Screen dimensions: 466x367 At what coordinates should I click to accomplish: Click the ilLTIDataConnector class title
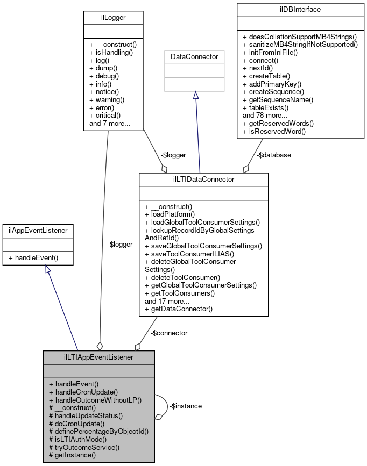click(x=203, y=180)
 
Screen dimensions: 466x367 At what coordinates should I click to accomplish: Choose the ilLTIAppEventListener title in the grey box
click(x=99, y=357)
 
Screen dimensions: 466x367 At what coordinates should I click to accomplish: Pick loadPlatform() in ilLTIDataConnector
click(x=171, y=214)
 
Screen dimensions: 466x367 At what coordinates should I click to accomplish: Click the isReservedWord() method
click(x=274, y=131)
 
